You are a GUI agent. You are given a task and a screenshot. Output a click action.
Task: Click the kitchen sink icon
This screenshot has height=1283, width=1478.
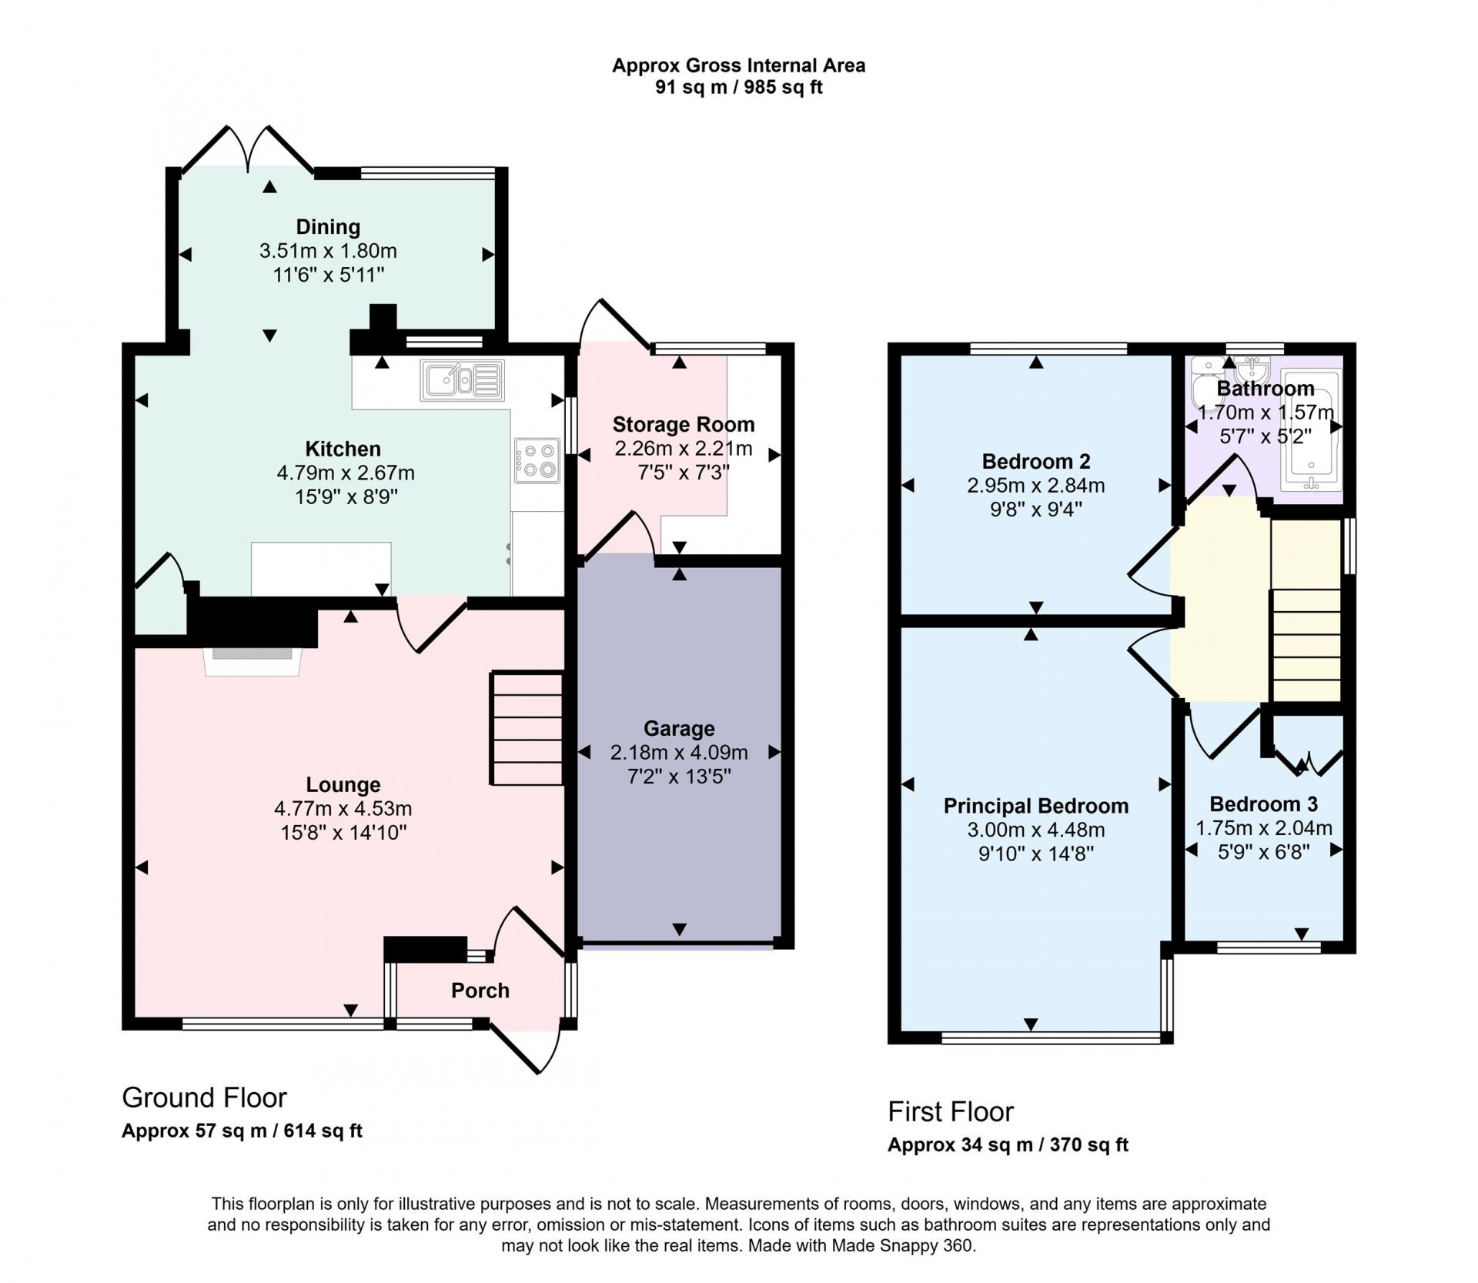[463, 380]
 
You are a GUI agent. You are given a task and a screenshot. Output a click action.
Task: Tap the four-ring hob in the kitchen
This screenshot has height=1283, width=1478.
[537, 461]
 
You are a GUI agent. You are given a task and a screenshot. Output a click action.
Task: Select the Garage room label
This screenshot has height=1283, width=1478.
[679, 728]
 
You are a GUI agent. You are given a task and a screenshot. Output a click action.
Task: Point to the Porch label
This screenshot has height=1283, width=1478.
[480, 991]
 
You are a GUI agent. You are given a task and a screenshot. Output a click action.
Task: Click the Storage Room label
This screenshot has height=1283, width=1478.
[684, 424]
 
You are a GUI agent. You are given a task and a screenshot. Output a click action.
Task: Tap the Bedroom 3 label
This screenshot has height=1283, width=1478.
[1264, 804]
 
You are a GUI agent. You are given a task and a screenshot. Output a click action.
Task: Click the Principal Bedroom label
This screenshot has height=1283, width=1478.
[1036, 806]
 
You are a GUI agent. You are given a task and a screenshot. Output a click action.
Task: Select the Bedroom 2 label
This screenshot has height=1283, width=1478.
[1036, 462]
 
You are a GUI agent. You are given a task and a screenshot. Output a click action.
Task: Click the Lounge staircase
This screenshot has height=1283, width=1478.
[527, 729]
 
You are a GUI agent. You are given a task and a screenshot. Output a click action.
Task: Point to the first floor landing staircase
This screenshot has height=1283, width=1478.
[1306, 610]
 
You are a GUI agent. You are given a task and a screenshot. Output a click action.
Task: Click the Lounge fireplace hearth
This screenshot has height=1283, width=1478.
[252, 661]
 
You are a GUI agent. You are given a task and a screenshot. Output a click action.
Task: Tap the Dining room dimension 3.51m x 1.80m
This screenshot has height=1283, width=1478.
[328, 251]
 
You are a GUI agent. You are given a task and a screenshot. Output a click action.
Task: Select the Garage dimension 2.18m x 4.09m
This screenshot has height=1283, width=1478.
[679, 752]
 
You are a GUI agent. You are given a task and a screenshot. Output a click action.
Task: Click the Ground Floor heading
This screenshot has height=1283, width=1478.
[204, 1098]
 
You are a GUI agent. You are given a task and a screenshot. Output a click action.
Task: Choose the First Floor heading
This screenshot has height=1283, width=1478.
[951, 1111]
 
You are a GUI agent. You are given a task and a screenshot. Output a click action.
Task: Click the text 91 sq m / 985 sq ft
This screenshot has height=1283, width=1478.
[739, 87]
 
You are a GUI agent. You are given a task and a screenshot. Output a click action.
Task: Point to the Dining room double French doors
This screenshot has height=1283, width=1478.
[248, 149]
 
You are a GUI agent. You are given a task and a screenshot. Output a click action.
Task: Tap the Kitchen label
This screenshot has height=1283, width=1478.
[343, 449]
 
